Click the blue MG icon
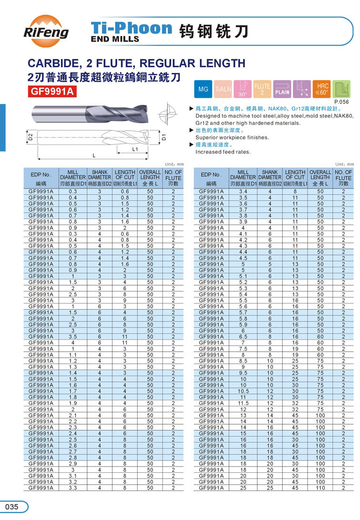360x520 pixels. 203,89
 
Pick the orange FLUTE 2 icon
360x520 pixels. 262,89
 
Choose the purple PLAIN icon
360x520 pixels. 282,89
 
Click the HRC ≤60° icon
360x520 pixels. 322,89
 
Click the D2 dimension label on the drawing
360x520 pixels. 30,138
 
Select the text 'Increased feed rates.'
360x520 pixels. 223,152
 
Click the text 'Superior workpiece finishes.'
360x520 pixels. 232,137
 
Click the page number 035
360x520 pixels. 11,506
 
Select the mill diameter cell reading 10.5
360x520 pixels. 243,391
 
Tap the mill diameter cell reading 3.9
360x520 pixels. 243,221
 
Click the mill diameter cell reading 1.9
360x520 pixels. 73,403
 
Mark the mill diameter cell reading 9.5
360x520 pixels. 243,373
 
